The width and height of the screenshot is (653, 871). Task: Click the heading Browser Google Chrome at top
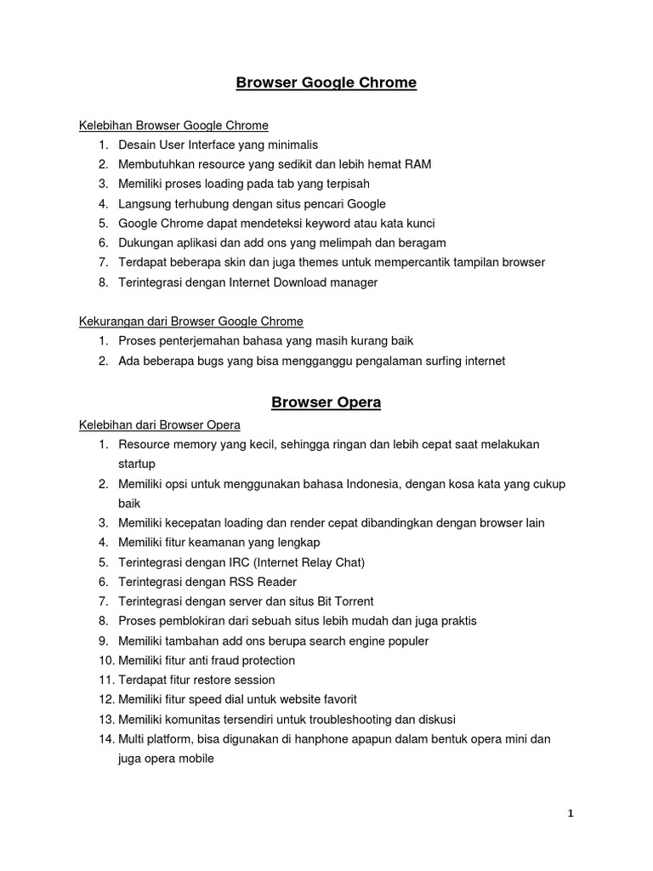click(x=326, y=83)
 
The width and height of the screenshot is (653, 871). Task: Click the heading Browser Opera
click(x=326, y=402)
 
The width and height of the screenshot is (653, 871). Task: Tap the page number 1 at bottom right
click(x=571, y=813)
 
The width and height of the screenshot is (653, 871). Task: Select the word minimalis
click(x=290, y=145)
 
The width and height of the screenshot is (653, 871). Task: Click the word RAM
click(x=406, y=164)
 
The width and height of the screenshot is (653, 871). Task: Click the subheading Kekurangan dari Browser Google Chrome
click(x=191, y=322)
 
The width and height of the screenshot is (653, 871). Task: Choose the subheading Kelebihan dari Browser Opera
click(x=160, y=424)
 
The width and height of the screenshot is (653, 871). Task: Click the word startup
click(x=137, y=464)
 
